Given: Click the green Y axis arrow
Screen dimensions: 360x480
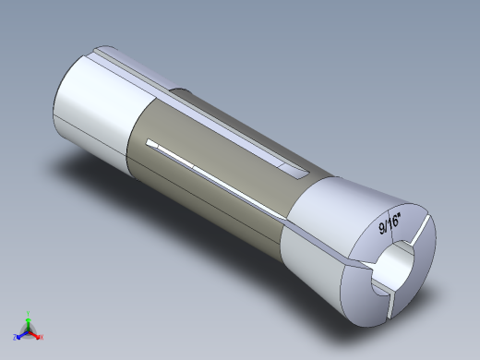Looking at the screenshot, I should (29, 318).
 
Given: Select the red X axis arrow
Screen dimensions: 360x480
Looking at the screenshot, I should (36, 334).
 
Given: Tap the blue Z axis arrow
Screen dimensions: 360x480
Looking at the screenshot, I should (20, 334).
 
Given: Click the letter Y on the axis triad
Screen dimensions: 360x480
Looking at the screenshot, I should (30, 311).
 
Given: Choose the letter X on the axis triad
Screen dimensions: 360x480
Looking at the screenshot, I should (42, 337).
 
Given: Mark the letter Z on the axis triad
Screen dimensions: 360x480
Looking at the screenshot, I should (15, 337).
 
